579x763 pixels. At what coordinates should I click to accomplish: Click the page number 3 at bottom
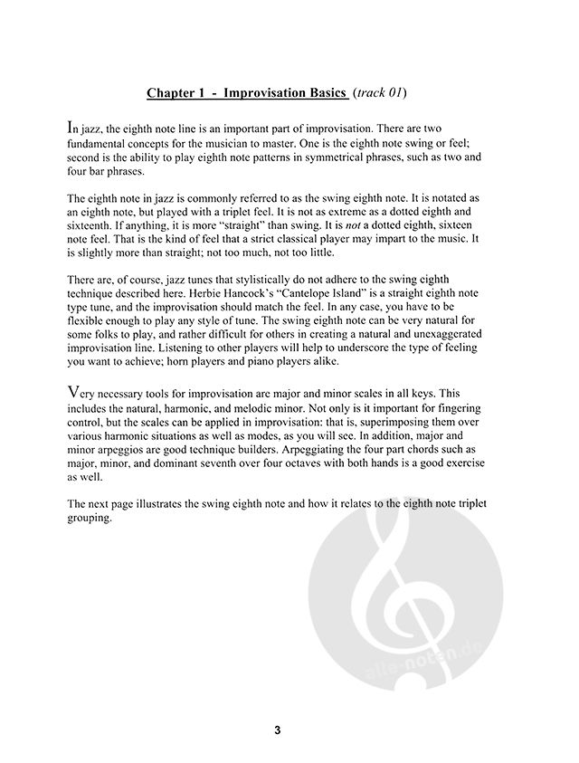click(x=289, y=730)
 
